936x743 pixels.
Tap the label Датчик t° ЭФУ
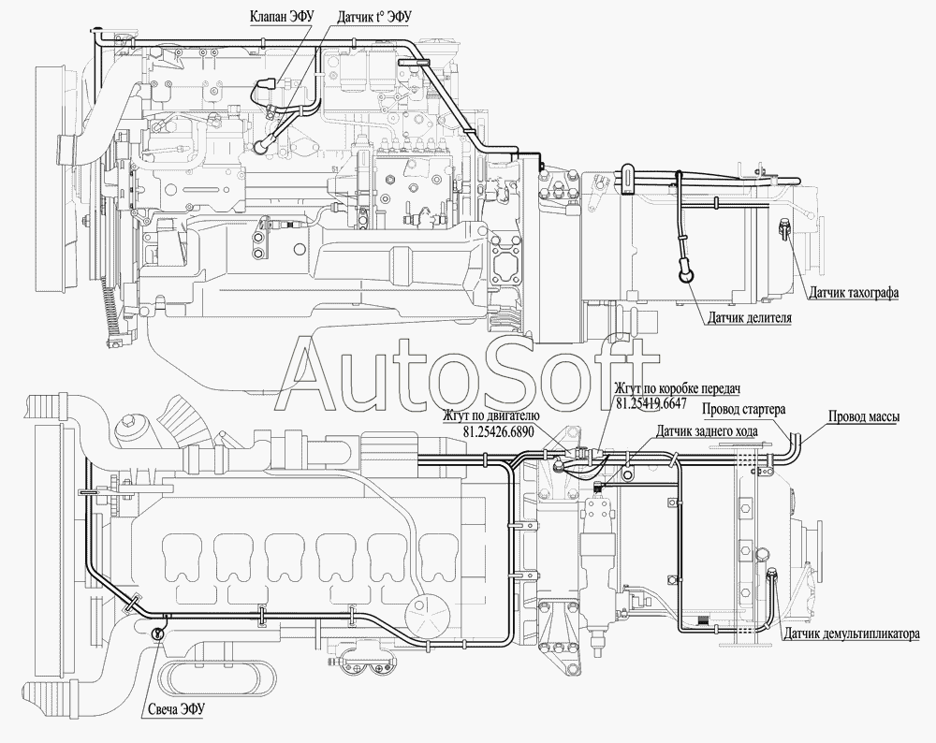[375, 17]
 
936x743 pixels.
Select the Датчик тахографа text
[854, 293]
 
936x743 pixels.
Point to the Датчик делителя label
[750, 317]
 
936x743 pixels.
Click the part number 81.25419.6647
[651, 403]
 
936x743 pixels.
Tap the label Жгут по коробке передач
[678, 388]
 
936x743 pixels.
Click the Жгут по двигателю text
[491, 416]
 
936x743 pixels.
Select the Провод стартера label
[743, 409]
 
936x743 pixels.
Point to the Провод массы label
[864, 417]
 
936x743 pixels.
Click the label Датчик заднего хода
[708, 430]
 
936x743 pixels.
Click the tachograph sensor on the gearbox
[783, 228]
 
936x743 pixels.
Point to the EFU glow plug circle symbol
[157, 634]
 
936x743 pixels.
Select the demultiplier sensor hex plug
[770, 575]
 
